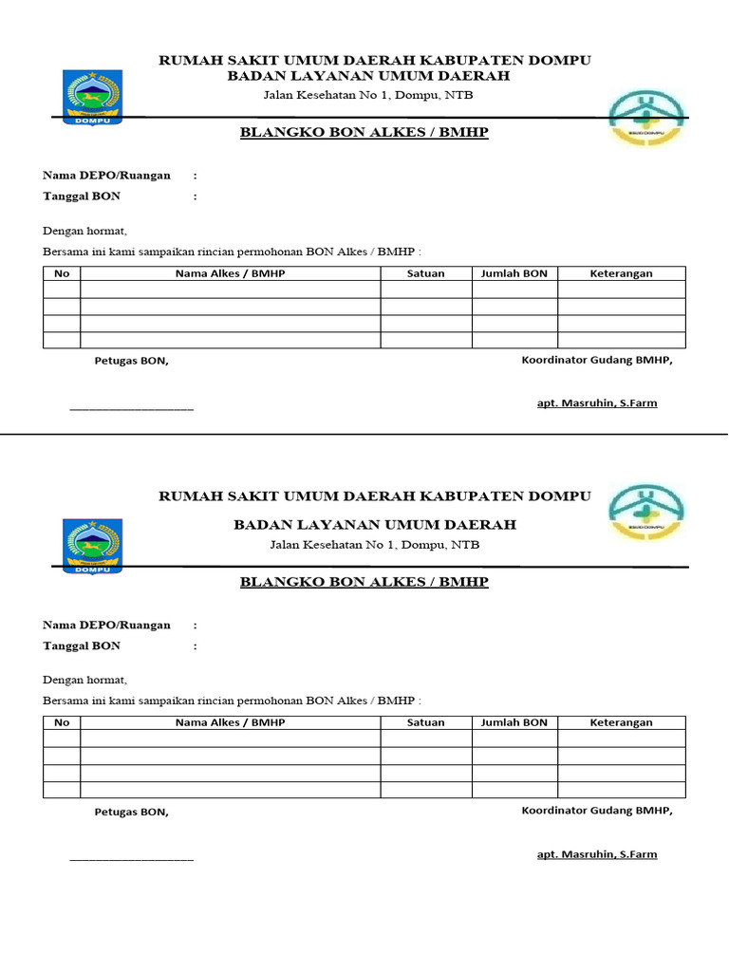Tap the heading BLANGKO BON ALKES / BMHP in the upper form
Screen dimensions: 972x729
pyautogui.click(x=364, y=133)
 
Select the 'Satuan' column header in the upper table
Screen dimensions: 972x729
pyautogui.click(x=425, y=273)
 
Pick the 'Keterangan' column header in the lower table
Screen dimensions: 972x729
pyautogui.click(x=621, y=722)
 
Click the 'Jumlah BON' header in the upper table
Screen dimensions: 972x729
pyautogui.click(x=514, y=273)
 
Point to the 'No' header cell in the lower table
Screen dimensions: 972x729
pyautogui.click(x=62, y=722)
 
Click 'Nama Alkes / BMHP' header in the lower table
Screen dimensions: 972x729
pyautogui.click(x=230, y=722)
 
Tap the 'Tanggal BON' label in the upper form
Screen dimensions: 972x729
pyautogui.click(x=82, y=196)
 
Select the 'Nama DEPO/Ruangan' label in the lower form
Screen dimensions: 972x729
pyautogui.click(x=106, y=625)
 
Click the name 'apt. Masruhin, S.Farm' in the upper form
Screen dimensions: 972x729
pyautogui.click(x=596, y=403)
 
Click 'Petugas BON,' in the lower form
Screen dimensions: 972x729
pyautogui.click(x=131, y=812)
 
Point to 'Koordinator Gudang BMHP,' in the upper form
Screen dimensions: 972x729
pyautogui.click(x=596, y=360)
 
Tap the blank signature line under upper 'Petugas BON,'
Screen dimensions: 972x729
pyautogui.click(x=131, y=409)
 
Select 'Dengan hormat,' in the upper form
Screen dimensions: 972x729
pyautogui.click(x=84, y=231)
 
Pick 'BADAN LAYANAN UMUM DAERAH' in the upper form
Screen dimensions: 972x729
pyautogui.click(x=374, y=76)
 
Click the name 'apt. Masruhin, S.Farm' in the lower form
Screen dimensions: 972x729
pyautogui.click(x=596, y=854)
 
